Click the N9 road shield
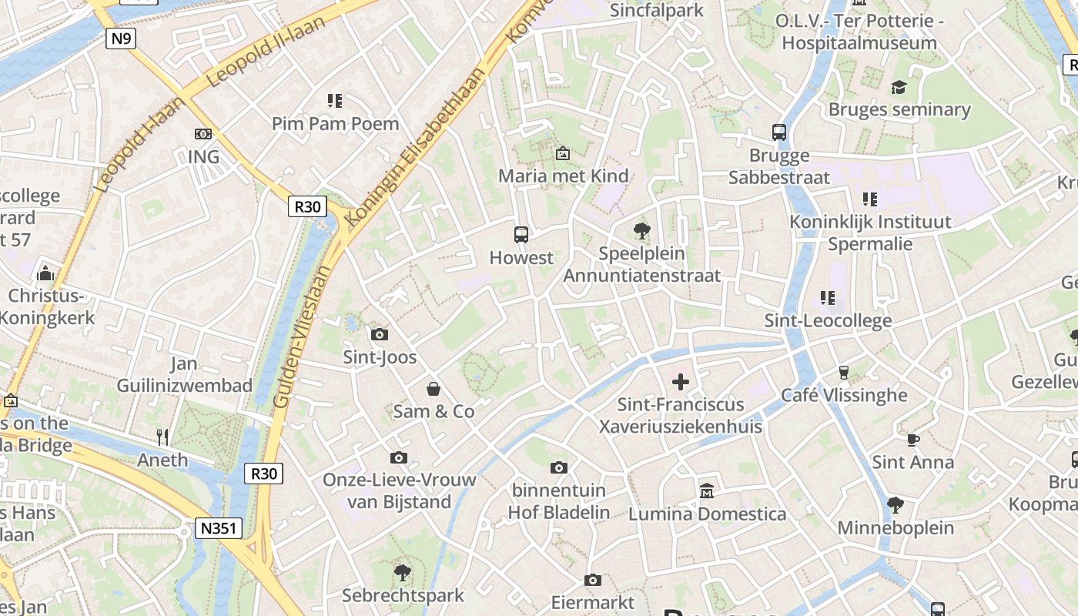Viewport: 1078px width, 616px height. pyautogui.click(x=121, y=38)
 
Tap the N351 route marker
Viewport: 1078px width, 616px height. pyautogui.click(x=219, y=528)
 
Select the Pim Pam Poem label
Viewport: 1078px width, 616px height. pyautogui.click(x=335, y=123)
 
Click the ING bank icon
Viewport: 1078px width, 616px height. pyautogui.click(x=203, y=134)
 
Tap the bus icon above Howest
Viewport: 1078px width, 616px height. pyautogui.click(x=521, y=235)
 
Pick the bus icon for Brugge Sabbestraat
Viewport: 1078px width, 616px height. pyautogui.click(x=779, y=132)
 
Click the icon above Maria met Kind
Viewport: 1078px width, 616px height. pyautogui.click(x=563, y=153)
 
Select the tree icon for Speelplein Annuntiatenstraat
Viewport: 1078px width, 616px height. pyautogui.click(x=641, y=230)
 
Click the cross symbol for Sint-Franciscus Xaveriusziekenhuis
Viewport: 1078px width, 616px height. pyautogui.click(x=681, y=381)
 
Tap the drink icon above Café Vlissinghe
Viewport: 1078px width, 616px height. pyautogui.click(x=844, y=373)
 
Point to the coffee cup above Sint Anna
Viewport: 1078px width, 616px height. pyautogui.click(x=912, y=440)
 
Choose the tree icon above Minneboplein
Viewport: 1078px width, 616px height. pyautogui.click(x=895, y=505)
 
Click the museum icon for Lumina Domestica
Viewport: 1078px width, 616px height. pyautogui.click(x=707, y=490)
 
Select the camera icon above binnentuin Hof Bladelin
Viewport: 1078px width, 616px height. pyautogui.click(x=560, y=467)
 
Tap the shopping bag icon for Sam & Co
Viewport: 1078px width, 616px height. pyautogui.click(x=434, y=389)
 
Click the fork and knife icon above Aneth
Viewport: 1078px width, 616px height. pyautogui.click(x=162, y=437)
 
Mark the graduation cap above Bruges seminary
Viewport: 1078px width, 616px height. pyautogui.click(x=899, y=87)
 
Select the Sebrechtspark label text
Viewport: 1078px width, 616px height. pyautogui.click(x=403, y=595)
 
